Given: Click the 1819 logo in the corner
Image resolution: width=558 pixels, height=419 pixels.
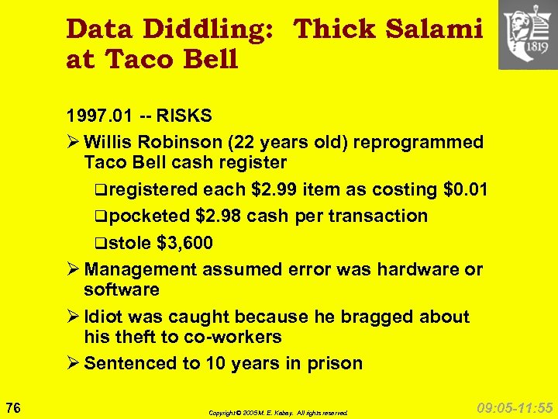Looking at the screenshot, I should (x=527, y=35).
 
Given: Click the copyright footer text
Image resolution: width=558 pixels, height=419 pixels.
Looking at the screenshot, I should (x=278, y=413).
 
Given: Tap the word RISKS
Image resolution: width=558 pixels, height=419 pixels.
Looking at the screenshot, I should (x=184, y=116).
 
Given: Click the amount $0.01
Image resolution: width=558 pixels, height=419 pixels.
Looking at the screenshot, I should (x=465, y=189).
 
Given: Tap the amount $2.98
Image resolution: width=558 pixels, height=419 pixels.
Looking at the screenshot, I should (x=221, y=216).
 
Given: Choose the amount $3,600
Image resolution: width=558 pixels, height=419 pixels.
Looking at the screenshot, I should (x=184, y=243).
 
